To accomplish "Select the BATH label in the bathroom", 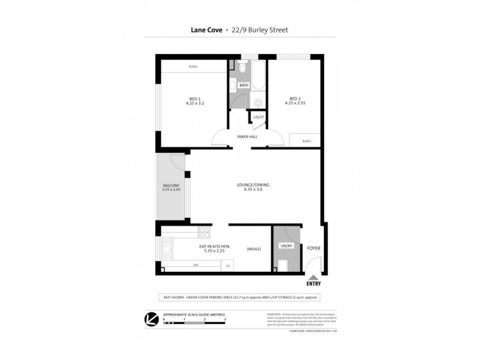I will [x=243, y=85].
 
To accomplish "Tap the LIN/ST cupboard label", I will [x=259, y=116].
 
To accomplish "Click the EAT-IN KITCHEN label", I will [x=213, y=247].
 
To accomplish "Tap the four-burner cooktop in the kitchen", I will [x=204, y=233].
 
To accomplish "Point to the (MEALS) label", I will [x=253, y=248].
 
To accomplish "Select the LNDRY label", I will [x=285, y=246].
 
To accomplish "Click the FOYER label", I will [x=313, y=247].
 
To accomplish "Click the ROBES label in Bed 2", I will [x=307, y=141].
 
